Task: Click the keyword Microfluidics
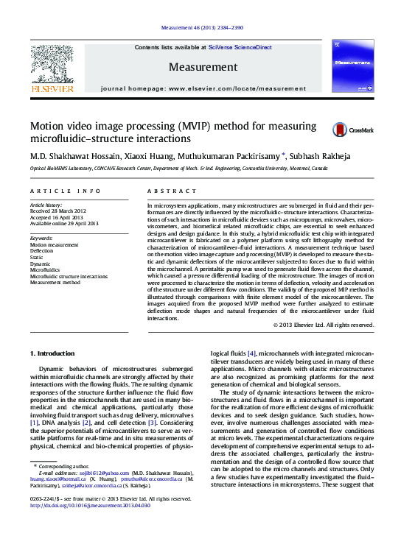pos(45,270)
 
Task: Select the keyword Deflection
pos(42,250)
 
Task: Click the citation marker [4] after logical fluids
pos(251,353)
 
